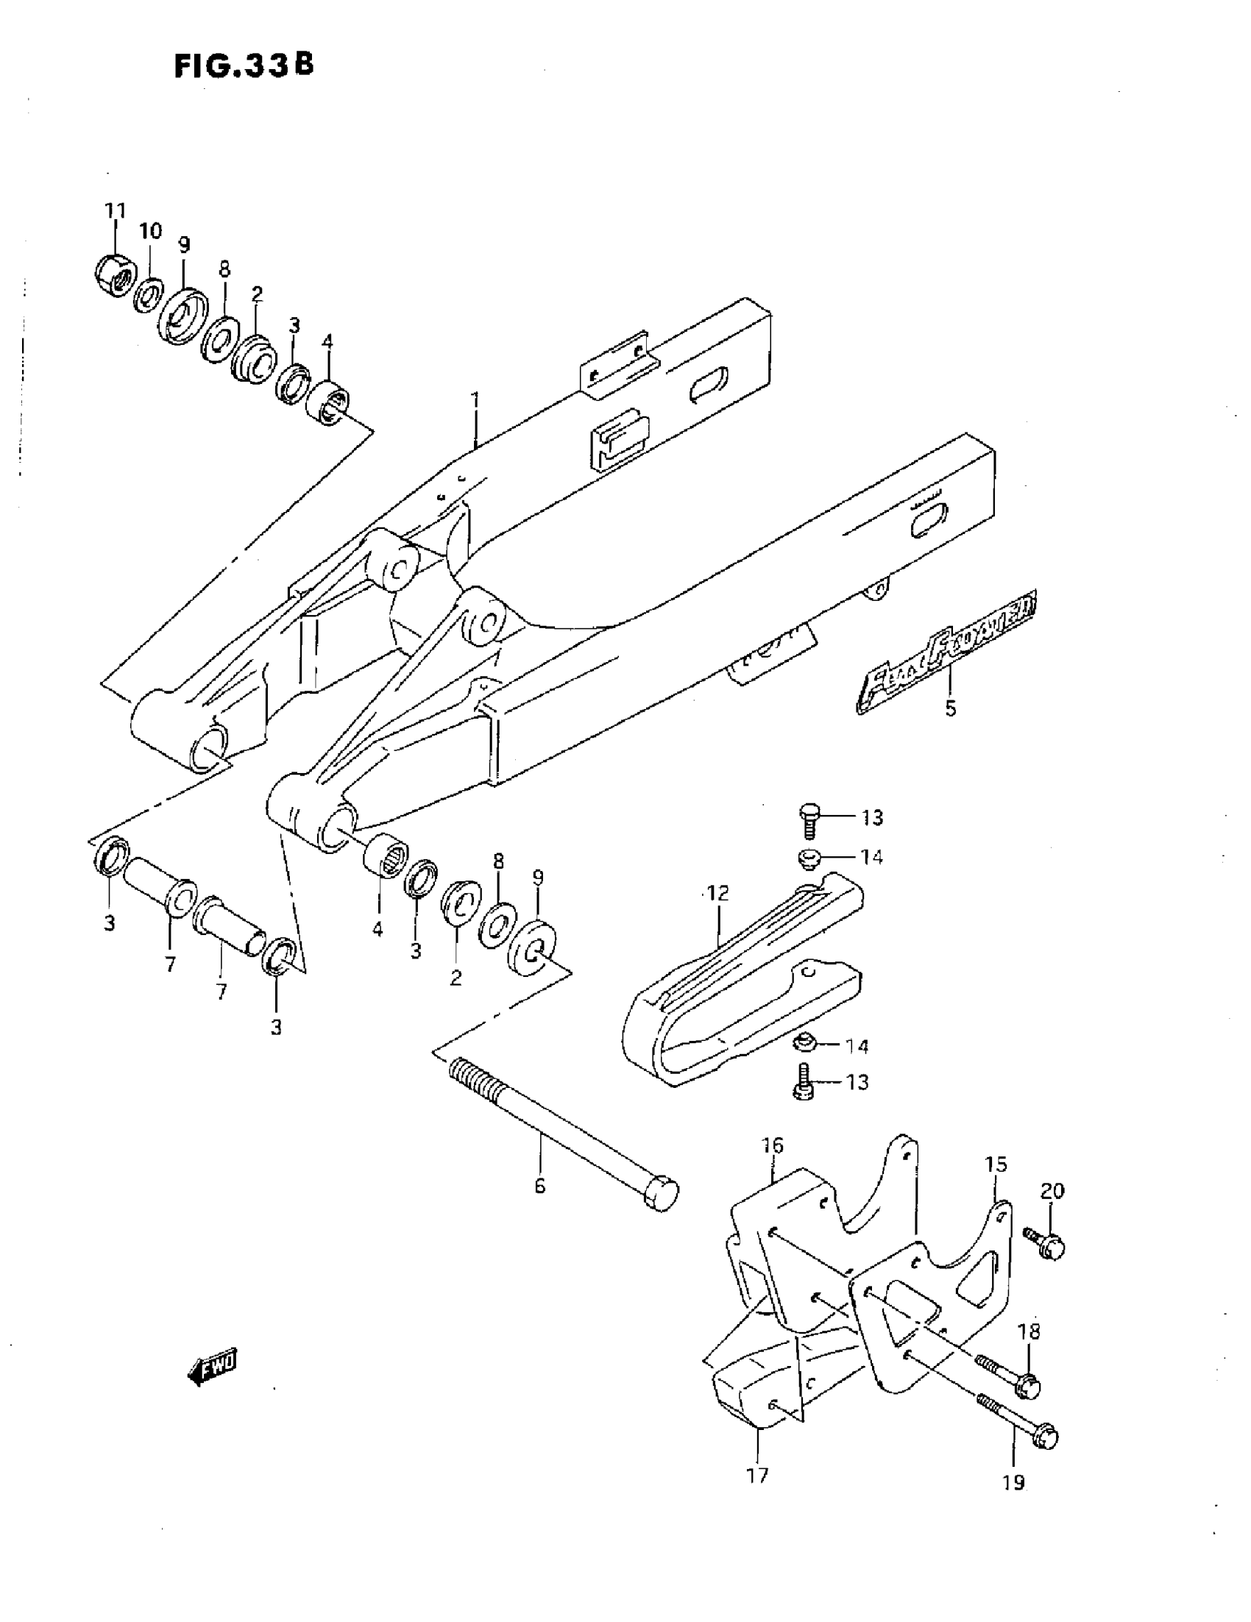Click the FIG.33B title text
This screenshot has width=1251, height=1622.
click(244, 65)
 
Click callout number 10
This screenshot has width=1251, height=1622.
click(150, 231)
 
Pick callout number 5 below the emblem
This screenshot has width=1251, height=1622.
click(951, 708)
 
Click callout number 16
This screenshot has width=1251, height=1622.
click(773, 1145)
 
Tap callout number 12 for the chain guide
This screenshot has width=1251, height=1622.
click(718, 892)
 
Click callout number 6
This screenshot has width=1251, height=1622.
click(540, 1186)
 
